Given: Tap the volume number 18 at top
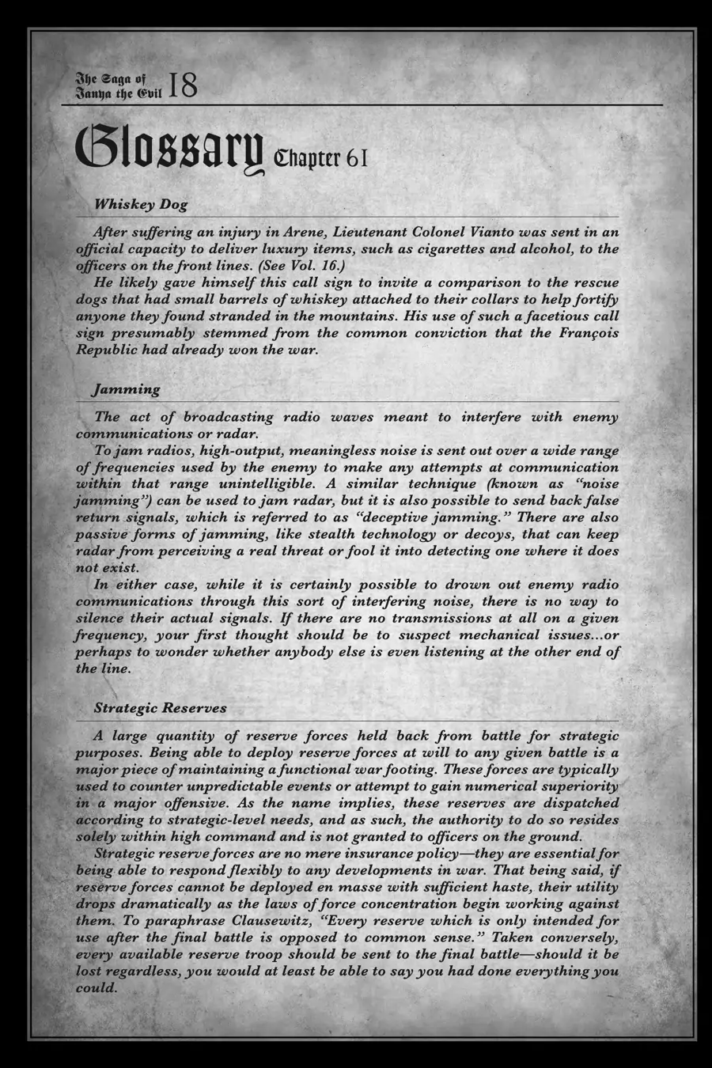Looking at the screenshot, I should coord(184,85).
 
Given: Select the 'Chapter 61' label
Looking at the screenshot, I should coord(320,157).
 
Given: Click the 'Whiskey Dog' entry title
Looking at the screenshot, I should coord(141,204).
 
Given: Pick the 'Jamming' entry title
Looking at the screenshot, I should coord(127,389).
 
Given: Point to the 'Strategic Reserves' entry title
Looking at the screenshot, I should coord(160,708).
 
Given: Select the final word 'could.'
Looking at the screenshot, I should coord(96,988).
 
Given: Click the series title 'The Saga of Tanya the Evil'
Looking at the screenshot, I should coord(117,85).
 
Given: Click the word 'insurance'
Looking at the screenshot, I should coord(360,854).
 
